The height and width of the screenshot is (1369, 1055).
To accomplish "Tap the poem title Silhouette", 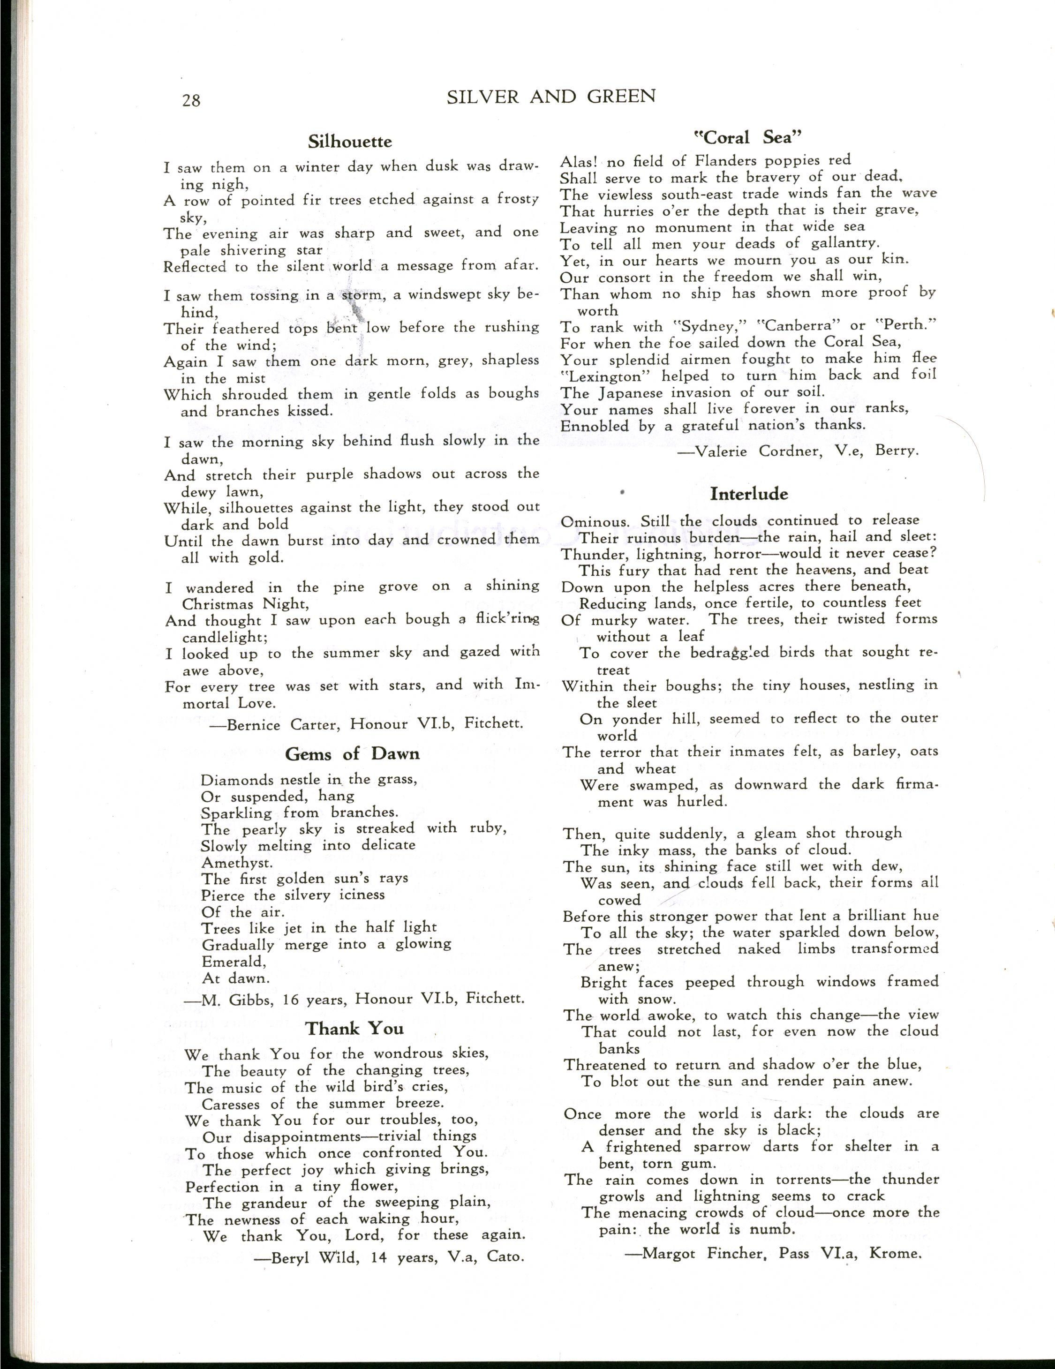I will coord(350,142).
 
